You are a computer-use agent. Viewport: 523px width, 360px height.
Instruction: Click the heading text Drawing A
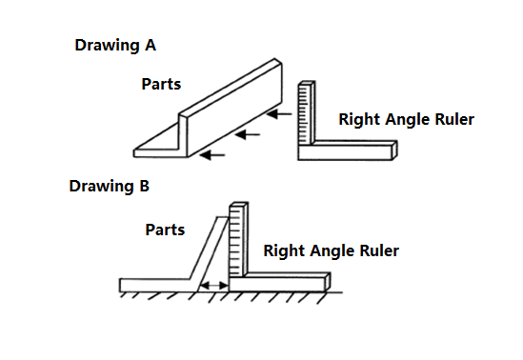click(115, 46)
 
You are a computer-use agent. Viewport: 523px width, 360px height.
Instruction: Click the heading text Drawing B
click(109, 187)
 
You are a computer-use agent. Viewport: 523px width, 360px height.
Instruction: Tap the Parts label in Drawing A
click(161, 84)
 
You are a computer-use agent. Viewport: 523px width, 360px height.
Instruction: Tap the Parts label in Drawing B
click(165, 230)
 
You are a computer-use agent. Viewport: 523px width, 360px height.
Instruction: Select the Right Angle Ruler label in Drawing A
click(406, 120)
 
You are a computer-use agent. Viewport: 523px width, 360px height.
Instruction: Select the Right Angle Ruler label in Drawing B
click(331, 251)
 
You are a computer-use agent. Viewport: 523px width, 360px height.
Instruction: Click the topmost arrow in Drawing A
click(279, 114)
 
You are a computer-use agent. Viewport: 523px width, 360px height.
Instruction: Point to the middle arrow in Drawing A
click(248, 134)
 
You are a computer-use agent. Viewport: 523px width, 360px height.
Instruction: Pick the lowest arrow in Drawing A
click(212, 155)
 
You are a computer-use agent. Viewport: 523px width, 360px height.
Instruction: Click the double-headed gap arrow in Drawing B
click(214, 286)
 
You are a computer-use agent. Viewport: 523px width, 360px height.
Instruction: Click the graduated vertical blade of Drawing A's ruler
click(307, 113)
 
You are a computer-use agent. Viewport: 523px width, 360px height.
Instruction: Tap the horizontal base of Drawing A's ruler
click(347, 151)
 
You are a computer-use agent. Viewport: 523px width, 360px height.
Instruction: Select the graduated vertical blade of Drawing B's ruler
click(238, 240)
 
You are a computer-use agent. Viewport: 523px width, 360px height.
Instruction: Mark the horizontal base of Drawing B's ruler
click(279, 283)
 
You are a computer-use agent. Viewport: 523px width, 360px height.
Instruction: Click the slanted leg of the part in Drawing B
click(210, 254)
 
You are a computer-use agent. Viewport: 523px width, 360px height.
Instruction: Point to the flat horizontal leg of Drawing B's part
click(155, 286)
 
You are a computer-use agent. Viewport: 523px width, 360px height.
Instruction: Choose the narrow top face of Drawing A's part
click(231, 88)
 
